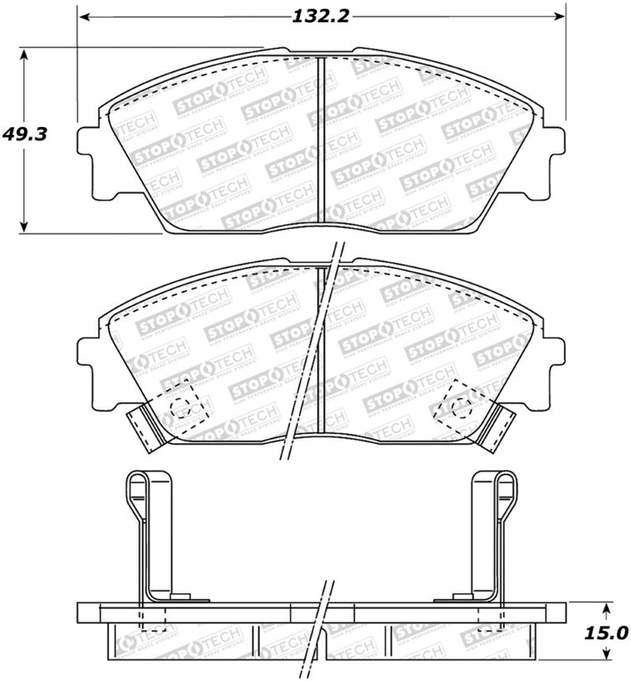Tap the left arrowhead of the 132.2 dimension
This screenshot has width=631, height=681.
click(x=82, y=16)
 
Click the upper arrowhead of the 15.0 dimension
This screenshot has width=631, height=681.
click(x=607, y=606)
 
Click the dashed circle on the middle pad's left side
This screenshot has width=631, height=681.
click(x=181, y=405)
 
